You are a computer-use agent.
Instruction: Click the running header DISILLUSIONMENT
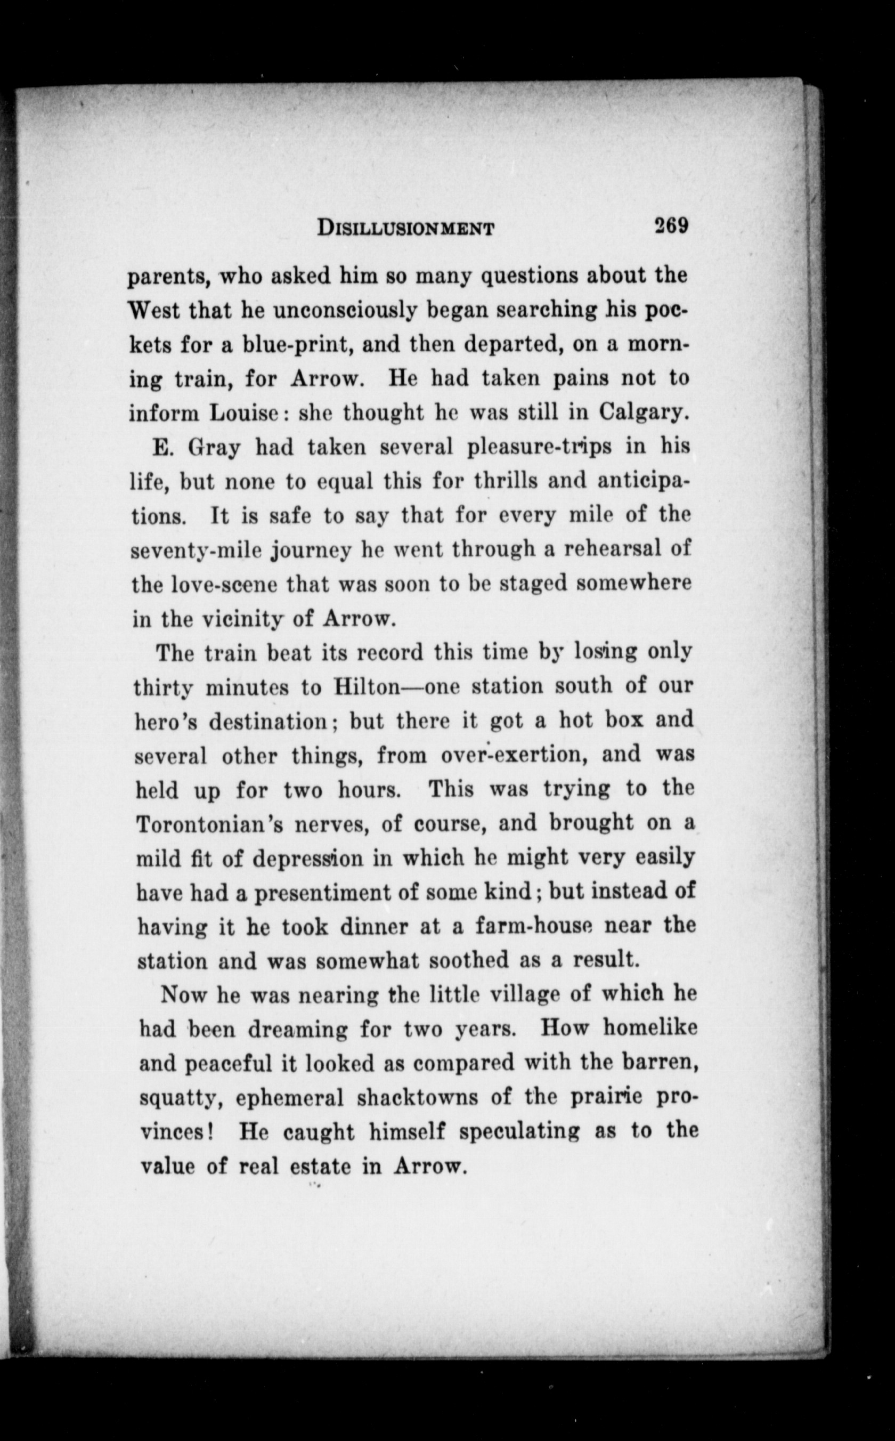(x=405, y=228)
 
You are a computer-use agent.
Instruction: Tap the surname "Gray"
(x=213, y=448)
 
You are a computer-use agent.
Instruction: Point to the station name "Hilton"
(x=367, y=687)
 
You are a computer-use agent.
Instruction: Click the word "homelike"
(x=650, y=1028)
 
